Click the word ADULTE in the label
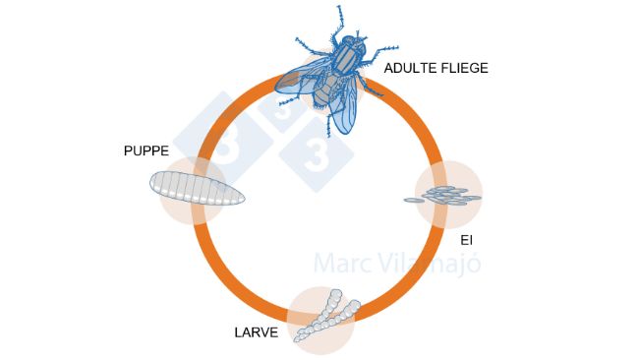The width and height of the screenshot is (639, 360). coord(412,69)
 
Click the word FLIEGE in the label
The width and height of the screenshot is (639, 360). coord(465,69)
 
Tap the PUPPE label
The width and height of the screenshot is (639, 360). coord(146,151)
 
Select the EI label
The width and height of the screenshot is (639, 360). coord(466,239)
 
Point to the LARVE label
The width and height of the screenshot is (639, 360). coord(256,332)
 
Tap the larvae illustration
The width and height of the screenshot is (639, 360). coord(327,314)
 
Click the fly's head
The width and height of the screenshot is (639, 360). coord(351,47)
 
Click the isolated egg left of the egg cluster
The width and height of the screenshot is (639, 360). coord(414,201)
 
